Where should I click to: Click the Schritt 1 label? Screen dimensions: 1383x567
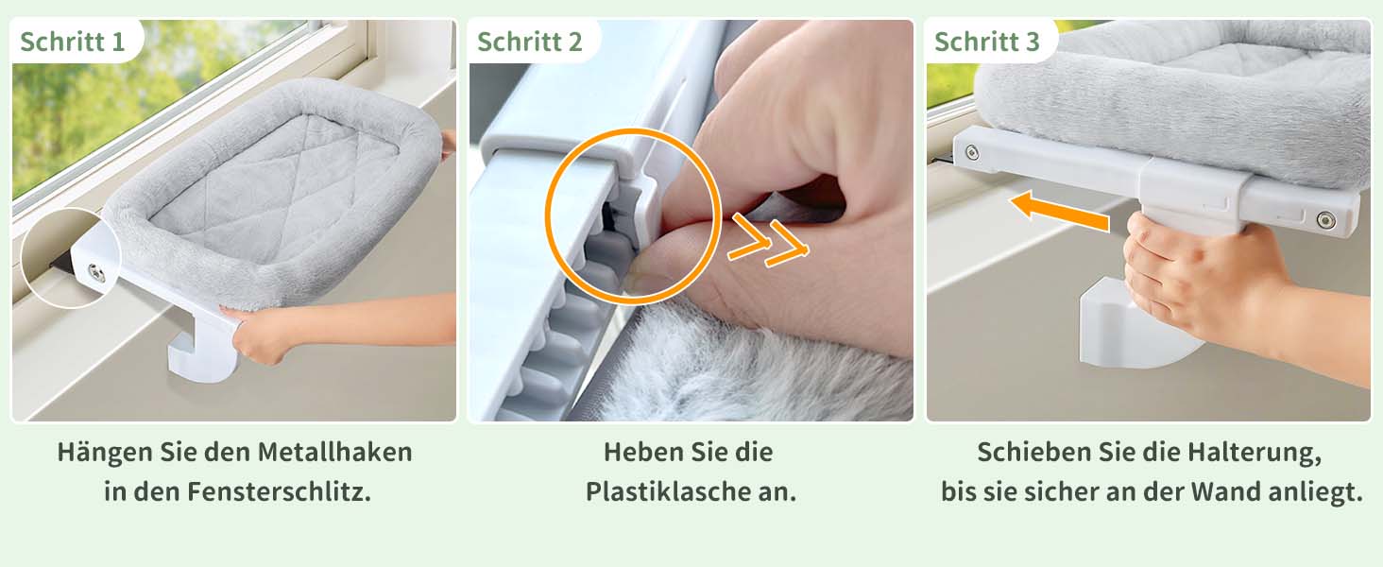tap(72, 42)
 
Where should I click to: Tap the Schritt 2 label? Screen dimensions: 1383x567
tap(530, 42)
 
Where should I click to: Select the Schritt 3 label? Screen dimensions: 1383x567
tap(986, 42)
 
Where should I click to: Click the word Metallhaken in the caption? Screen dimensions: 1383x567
tap(334, 452)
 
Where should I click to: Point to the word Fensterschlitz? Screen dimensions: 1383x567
tap(279, 491)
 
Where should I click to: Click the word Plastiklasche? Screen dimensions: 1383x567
tap(660, 491)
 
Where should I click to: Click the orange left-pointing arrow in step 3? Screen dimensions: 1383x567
tap(1060, 212)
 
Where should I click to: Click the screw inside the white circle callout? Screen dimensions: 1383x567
tap(96, 270)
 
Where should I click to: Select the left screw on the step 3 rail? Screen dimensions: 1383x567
tap(972, 152)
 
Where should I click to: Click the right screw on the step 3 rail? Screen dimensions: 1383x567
tap(1325, 220)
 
